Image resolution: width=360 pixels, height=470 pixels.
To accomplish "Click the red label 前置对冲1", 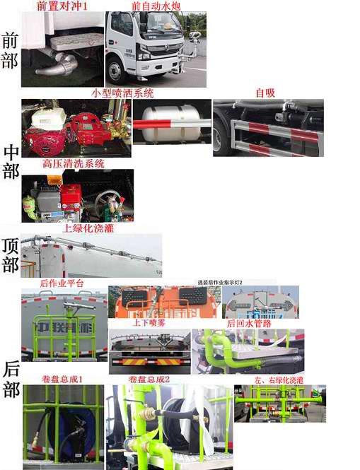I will pyautogui.click(x=62, y=6).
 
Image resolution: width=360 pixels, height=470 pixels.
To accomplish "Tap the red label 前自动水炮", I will pyautogui.click(x=156, y=6).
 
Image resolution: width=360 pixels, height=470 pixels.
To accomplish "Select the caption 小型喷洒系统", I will pyautogui.click(x=122, y=93).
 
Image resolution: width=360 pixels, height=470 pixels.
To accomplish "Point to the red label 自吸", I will pyautogui.click(x=265, y=93).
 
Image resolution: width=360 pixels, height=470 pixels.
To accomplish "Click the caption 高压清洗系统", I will pyautogui.click(x=74, y=163).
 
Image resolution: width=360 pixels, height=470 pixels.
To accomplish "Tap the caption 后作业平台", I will pyautogui.click(x=62, y=283).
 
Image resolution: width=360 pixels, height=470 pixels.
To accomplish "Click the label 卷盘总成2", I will pyautogui.click(x=149, y=380).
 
